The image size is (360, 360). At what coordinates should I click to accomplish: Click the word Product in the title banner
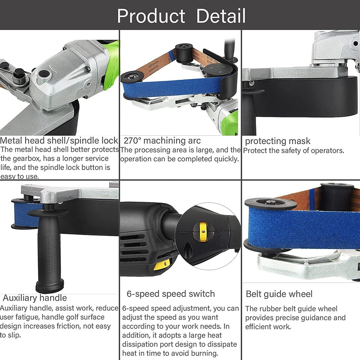(151, 16)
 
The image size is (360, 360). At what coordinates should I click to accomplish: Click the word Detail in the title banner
(221, 16)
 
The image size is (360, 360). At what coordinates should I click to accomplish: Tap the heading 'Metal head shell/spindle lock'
(59, 141)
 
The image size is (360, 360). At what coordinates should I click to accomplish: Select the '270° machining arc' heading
(162, 141)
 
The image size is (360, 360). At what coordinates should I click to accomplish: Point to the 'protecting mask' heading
(277, 141)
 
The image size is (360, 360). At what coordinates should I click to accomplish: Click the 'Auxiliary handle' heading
(35, 298)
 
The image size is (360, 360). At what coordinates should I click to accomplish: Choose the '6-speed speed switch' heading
(171, 294)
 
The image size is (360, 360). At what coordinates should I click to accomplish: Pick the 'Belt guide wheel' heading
(279, 294)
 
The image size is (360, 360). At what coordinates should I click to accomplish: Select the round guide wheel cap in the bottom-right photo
(270, 205)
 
